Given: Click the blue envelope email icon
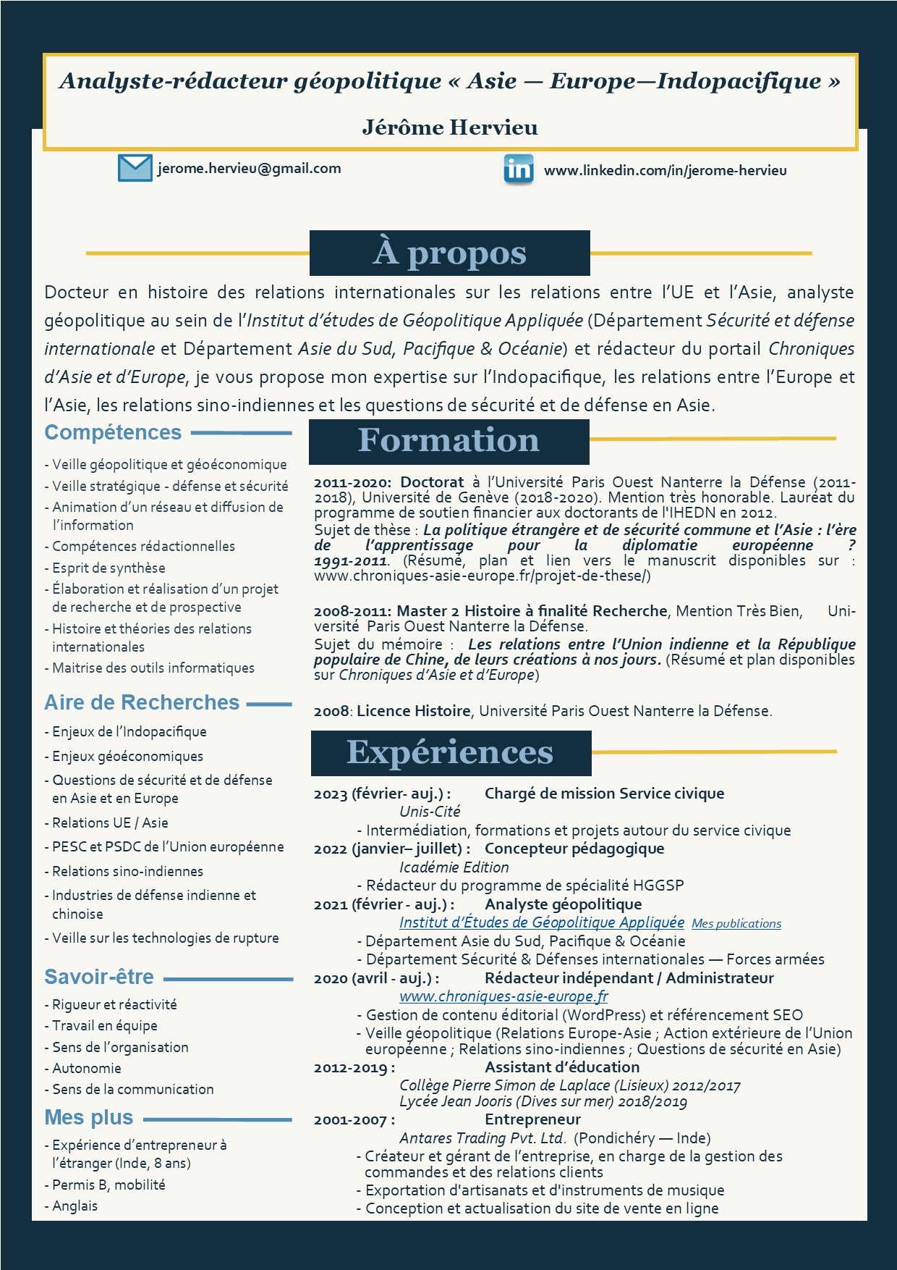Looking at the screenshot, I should pyautogui.click(x=135, y=168).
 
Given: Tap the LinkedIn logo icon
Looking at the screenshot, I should pyautogui.click(x=519, y=169).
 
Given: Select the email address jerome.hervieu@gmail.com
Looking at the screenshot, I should pyautogui.click(x=249, y=169).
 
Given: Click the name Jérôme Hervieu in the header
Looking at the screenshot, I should pyautogui.click(x=450, y=127).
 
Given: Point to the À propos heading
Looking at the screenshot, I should pyautogui.click(x=449, y=253).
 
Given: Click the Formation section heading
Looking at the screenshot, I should pyautogui.click(x=448, y=440).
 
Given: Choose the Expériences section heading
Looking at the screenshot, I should pyautogui.click(x=450, y=752).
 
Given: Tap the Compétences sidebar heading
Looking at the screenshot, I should pyautogui.click(x=113, y=432).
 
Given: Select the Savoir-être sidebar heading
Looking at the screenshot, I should pyautogui.click(x=99, y=977).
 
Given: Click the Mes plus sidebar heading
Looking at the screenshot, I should pyautogui.click(x=89, y=1117).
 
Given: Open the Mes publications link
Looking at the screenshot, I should pyautogui.click(x=736, y=924).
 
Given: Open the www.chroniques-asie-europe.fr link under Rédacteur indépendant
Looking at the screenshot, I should pyautogui.click(x=503, y=996).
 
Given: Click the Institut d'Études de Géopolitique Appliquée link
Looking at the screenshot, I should pyautogui.click(x=541, y=922).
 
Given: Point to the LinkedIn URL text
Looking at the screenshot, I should pyautogui.click(x=665, y=171).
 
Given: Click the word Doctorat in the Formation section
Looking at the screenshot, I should pyautogui.click(x=432, y=482).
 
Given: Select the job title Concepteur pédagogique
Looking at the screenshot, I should pyautogui.click(x=574, y=849).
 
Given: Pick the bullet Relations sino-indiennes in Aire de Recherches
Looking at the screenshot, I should pyautogui.click(x=127, y=871).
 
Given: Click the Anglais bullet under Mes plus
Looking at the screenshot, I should pyautogui.click(x=75, y=1206).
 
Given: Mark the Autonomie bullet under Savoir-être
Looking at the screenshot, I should pyautogui.click(x=86, y=1068).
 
